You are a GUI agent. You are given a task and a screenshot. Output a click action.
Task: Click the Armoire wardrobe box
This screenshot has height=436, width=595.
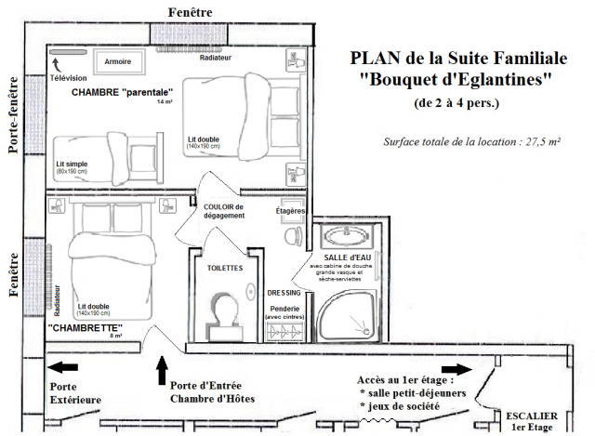(x=118, y=61)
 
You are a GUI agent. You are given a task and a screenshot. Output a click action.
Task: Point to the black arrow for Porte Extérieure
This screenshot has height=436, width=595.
(x=67, y=366)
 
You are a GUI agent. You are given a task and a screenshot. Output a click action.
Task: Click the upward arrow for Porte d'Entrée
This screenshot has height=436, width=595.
(x=163, y=370)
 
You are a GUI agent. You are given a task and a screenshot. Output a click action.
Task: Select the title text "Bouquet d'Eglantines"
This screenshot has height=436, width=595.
(x=456, y=81)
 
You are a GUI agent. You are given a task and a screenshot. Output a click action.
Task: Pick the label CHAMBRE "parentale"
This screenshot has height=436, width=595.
(x=123, y=92)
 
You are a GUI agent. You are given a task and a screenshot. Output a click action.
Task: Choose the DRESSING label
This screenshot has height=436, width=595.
(x=284, y=291)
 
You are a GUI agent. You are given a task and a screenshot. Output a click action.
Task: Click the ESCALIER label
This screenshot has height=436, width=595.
(x=531, y=416)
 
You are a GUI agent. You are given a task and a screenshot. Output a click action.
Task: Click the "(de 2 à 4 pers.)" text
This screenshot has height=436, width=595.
(x=456, y=102)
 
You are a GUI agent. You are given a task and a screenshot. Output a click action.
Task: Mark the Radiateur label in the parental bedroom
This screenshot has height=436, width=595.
(x=216, y=58)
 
